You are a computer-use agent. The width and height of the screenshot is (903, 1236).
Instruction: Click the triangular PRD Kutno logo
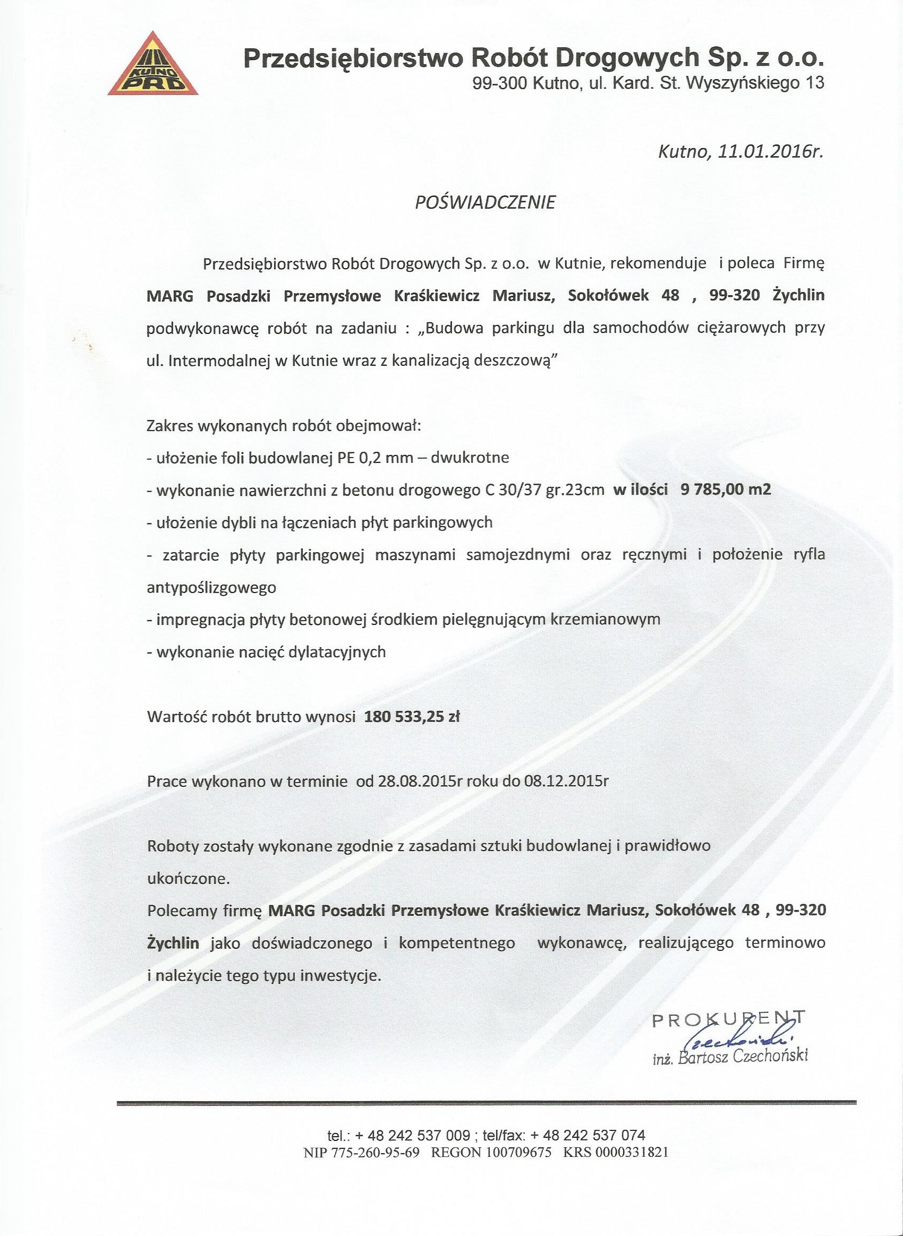(152, 65)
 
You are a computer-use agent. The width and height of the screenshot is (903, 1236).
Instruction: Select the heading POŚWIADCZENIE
(485, 202)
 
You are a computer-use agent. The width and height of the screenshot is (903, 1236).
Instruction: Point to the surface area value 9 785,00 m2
(726, 489)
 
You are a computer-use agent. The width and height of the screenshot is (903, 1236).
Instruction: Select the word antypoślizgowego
(211, 588)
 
